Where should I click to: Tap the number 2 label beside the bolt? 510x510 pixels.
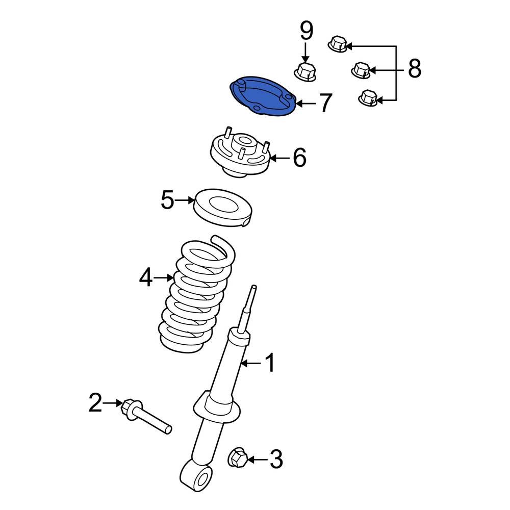coord(95,403)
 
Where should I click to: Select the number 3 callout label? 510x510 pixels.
coord(275,460)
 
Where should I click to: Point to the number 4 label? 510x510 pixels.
coord(146,278)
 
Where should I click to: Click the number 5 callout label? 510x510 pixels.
coord(168,200)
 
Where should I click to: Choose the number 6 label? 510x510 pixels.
coord(299,158)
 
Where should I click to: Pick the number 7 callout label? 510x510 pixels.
coord(325,104)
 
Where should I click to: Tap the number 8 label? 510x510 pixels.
coord(415,69)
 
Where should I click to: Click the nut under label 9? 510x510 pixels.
coord(306,71)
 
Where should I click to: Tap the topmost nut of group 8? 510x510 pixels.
coord(337,44)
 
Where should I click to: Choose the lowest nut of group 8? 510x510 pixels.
coord(367,98)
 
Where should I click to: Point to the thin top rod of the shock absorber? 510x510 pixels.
coord(250,306)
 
